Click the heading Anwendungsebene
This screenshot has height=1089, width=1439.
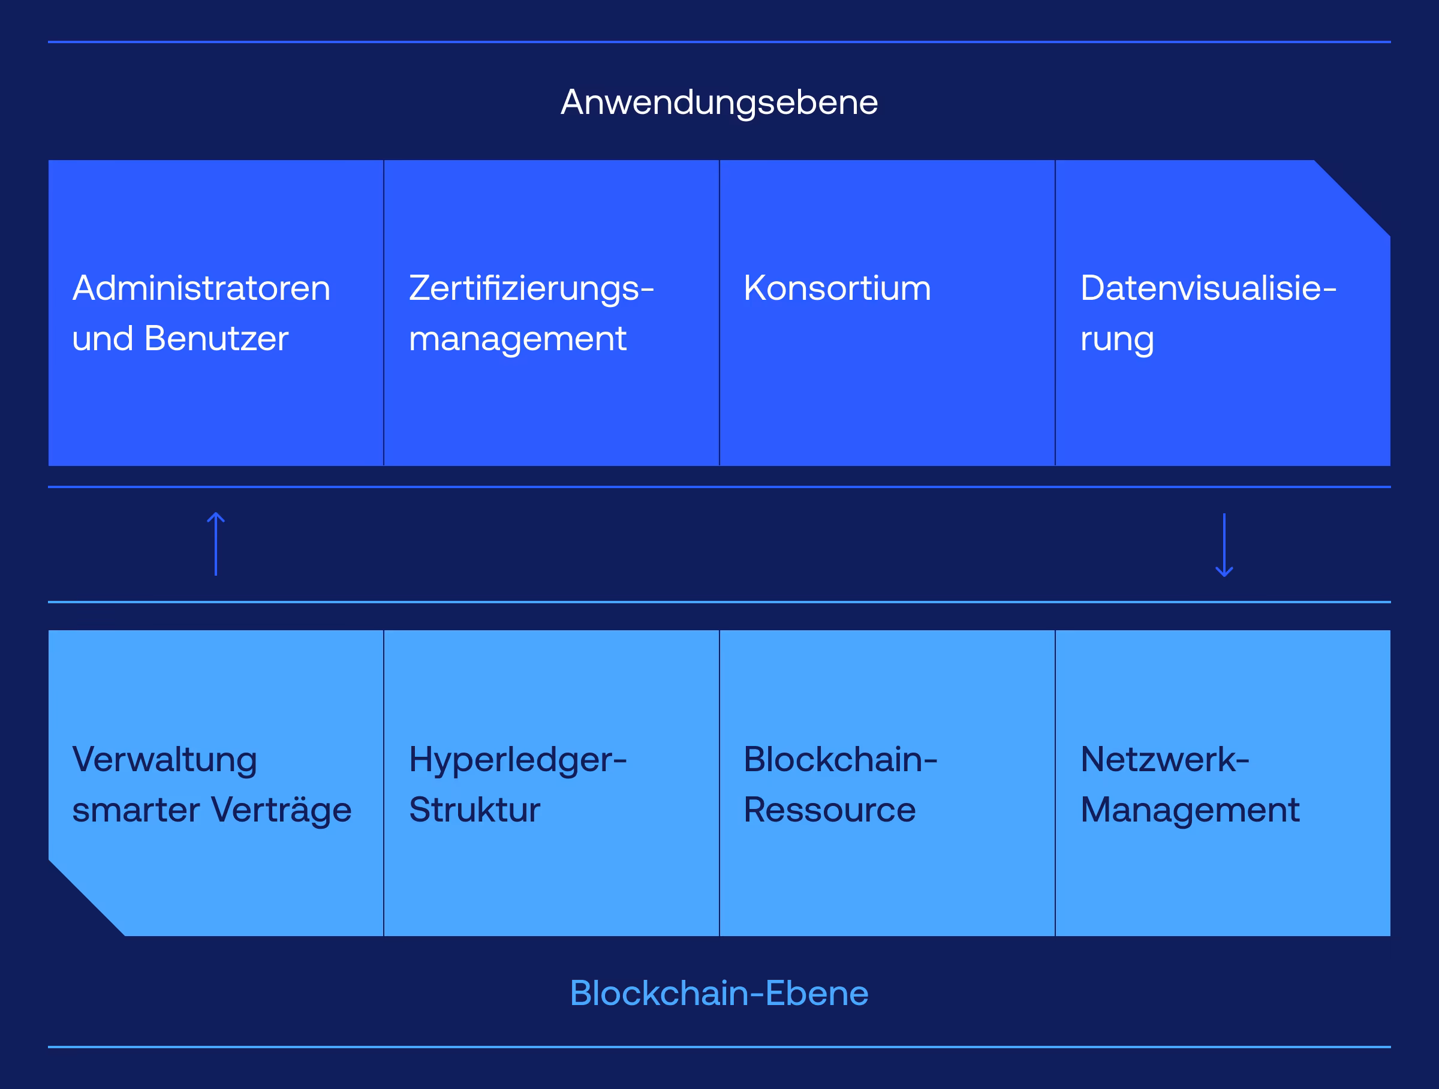(719, 102)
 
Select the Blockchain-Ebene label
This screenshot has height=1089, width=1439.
(719, 994)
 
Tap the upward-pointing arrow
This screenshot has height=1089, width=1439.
(216, 544)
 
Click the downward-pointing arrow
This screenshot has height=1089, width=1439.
(1224, 545)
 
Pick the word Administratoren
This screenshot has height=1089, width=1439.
(201, 288)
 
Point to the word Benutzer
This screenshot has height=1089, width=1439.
(216, 338)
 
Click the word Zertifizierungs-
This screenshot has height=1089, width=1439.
(531, 288)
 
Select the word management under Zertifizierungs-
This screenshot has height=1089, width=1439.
(517, 339)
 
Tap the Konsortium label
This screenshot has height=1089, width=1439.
(837, 288)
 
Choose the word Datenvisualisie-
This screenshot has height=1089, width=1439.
(1208, 288)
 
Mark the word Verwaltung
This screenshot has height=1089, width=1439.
(165, 760)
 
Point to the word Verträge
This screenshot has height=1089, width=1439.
(281, 810)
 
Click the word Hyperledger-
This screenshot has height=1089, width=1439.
(518, 760)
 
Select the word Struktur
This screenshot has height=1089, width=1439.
(474, 810)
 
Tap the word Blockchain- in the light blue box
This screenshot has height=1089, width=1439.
(841, 759)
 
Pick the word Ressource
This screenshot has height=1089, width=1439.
(829, 810)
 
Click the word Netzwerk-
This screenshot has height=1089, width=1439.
(1164, 759)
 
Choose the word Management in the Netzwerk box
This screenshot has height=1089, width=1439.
(1190, 811)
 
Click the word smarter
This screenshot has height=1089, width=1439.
(136, 810)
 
